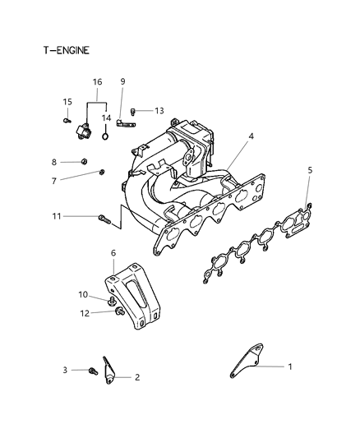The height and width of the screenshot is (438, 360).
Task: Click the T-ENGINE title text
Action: [x=66, y=50]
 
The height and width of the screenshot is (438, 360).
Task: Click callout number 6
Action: [x=113, y=254]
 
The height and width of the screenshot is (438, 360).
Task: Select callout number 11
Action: [x=56, y=216]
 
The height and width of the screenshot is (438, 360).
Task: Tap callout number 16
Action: [x=97, y=83]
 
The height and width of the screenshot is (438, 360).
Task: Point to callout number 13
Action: [x=159, y=109]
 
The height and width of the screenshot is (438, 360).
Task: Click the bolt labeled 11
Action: [x=103, y=219]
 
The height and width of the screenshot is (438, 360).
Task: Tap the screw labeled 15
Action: [x=66, y=120]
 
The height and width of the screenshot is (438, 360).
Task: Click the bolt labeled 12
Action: [x=119, y=311]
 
